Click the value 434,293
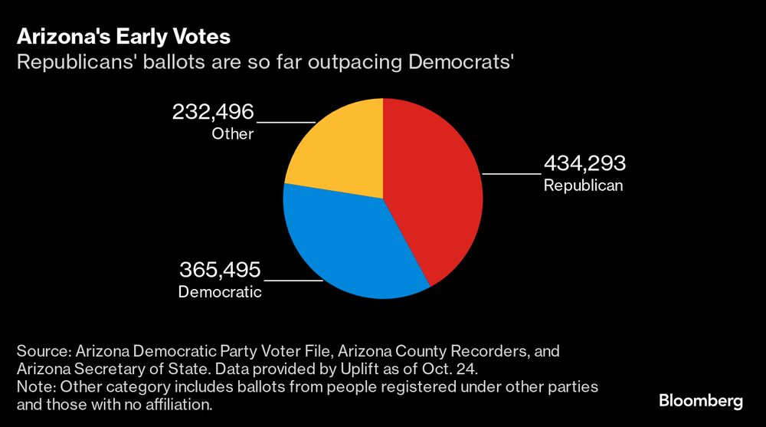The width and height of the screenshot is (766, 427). [x=584, y=163]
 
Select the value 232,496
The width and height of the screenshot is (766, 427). [x=212, y=112]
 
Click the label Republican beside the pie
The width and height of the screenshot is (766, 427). [x=583, y=186]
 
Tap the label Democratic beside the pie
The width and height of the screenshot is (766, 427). [x=220, y=292]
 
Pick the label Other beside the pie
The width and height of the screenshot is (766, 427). [x=232, y=134]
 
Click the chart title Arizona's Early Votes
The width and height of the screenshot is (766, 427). [x=123, y=37]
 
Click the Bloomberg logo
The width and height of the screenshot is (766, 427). [x=701, y=401]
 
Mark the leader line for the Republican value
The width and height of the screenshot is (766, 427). [x=511, y=174]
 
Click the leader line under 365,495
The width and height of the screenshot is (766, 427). [x=293, y=281]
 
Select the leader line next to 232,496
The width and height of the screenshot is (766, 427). [x=286, y=122]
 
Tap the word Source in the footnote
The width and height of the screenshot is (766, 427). [x=41, y=351]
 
